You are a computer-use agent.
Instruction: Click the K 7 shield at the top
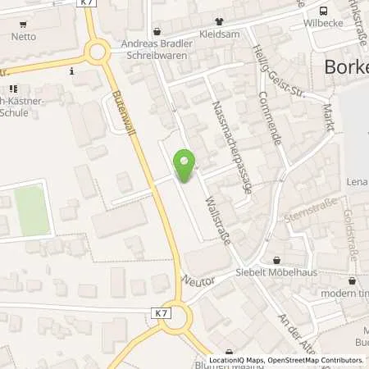[88, 5]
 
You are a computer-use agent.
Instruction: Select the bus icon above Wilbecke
[324, 11]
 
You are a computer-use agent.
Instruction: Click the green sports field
[31, 209]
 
